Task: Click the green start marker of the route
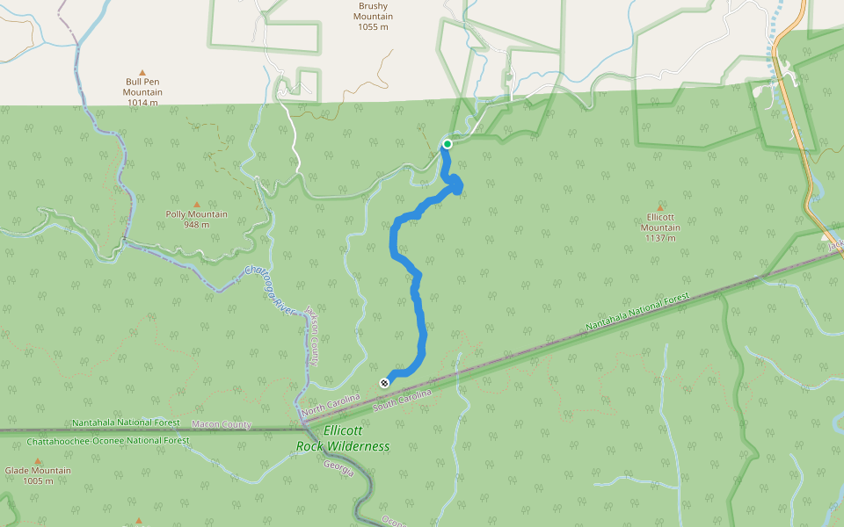447,144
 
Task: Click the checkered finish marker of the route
384,382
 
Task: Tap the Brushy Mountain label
373,17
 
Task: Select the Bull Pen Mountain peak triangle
142,73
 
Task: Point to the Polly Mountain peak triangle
196,205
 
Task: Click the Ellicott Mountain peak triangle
660,208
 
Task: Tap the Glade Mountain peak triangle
37,461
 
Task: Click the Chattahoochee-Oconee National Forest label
108,440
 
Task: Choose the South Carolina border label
404,400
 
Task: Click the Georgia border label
338,468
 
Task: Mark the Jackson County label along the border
311,337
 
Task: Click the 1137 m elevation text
660,238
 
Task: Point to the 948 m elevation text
196,225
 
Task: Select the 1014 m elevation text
142,102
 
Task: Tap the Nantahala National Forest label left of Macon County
126,422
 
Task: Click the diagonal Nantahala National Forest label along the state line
637,313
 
